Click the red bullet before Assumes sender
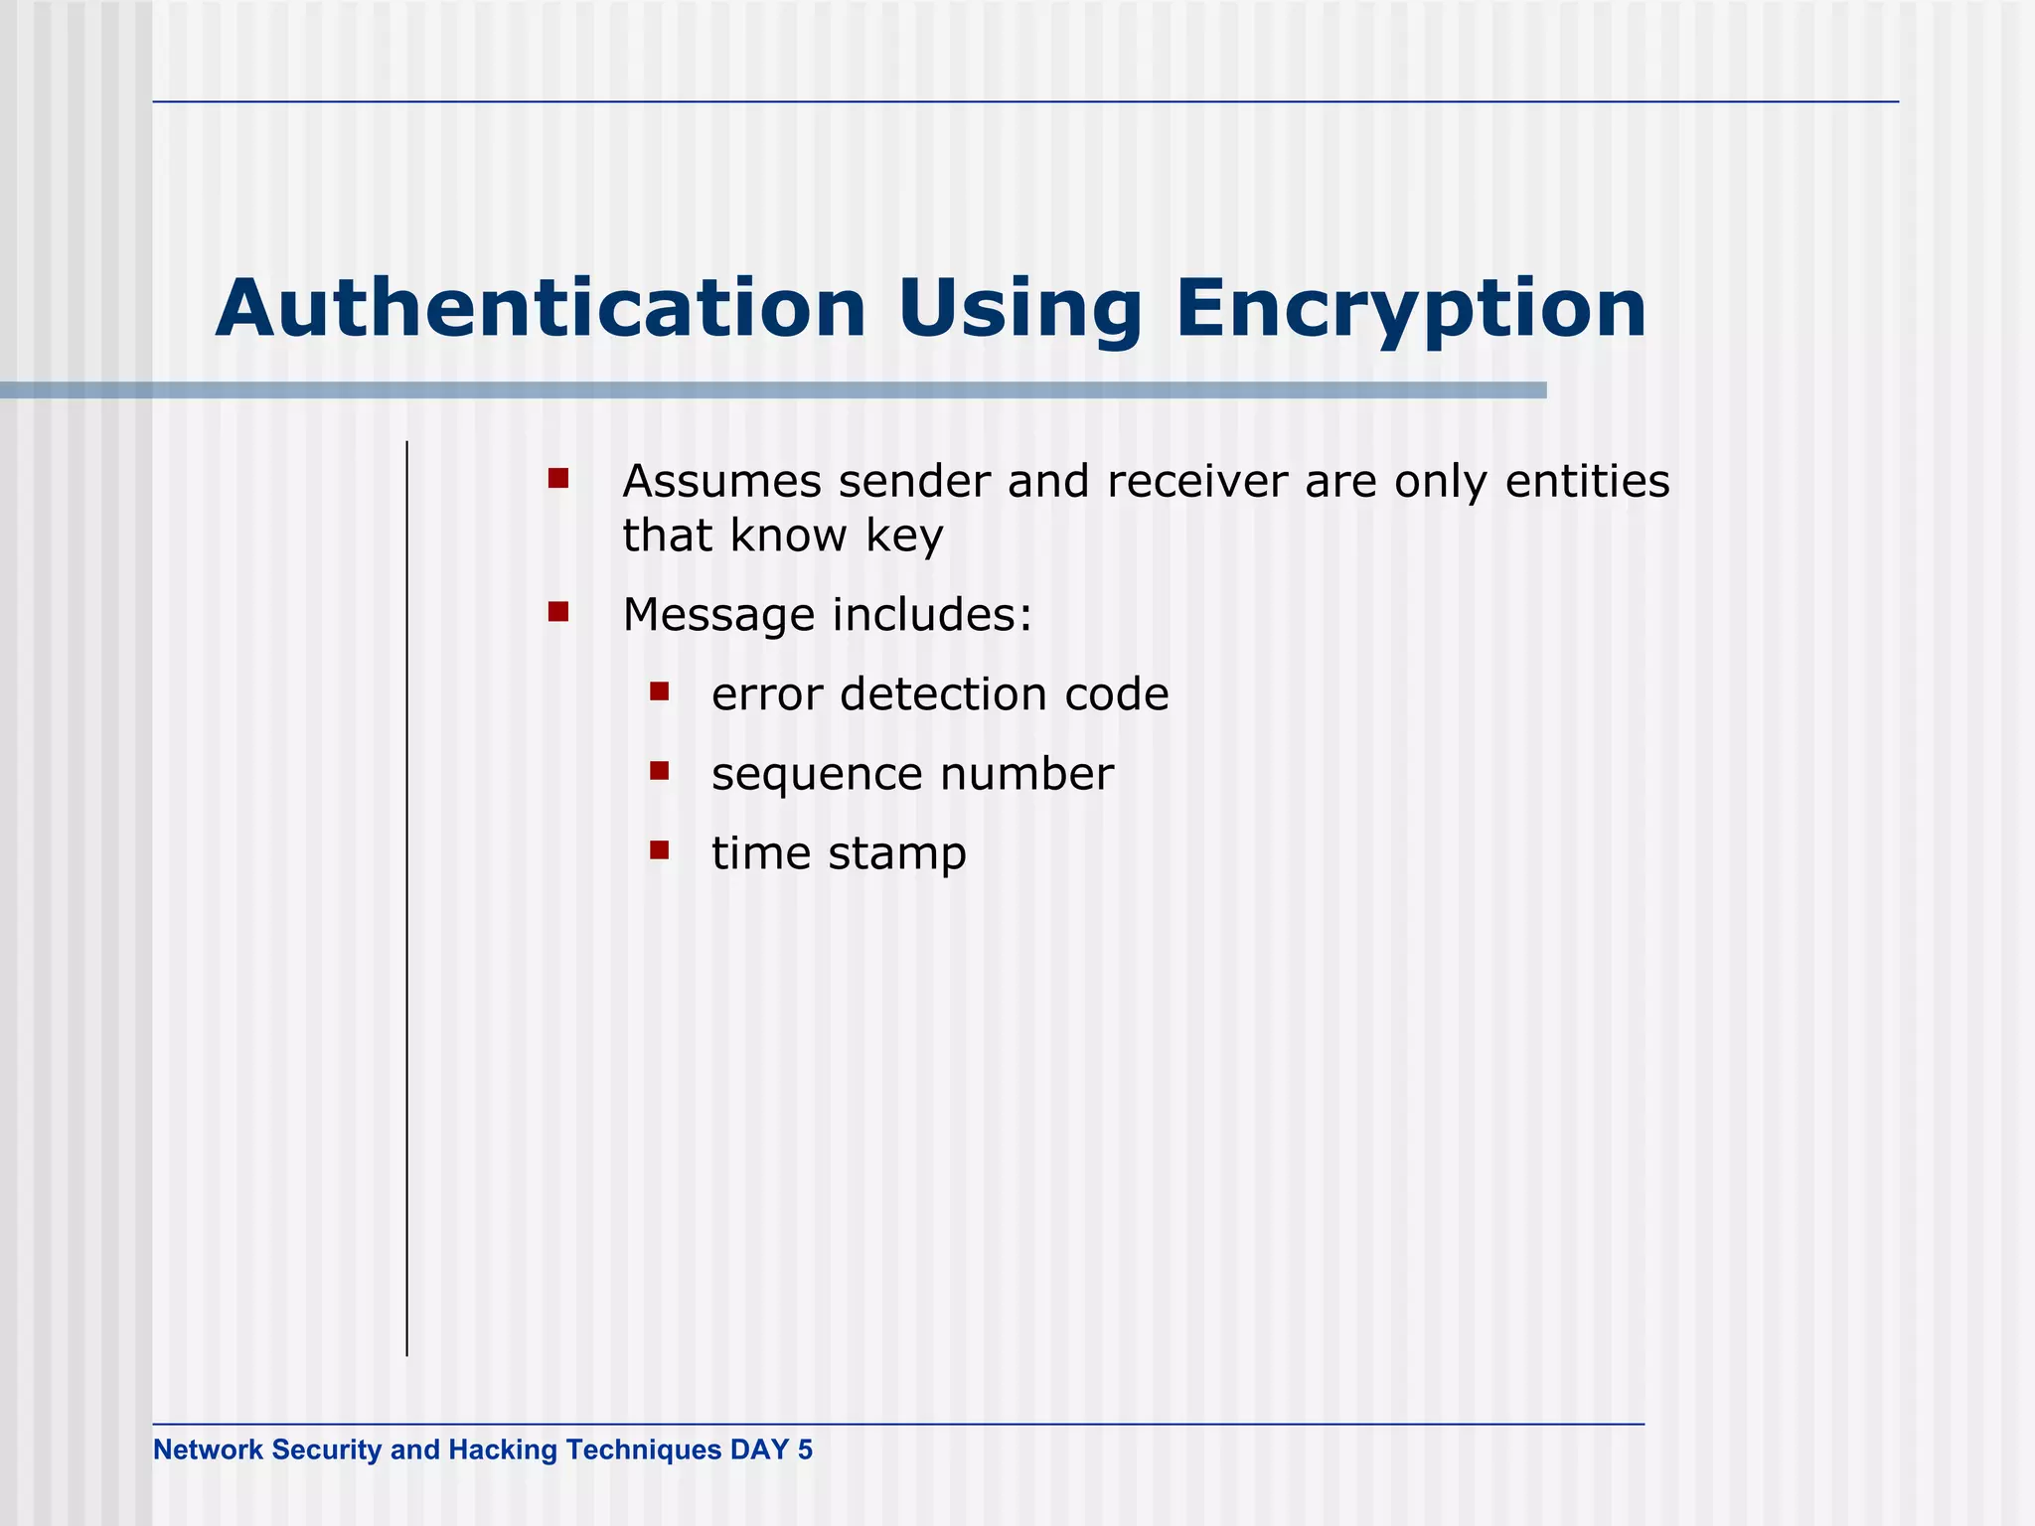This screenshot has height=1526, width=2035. pyautogui.click(x=558, y=479)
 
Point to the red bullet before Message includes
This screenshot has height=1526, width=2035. pyautogui.click(x=558, y=611)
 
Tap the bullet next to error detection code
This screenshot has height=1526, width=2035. pyautogui.click(x=660, y=690)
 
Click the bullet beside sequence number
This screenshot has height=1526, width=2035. pyautogui.click(x=660, y=770)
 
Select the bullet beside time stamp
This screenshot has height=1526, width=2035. pyautogui.click(x=660, y=849)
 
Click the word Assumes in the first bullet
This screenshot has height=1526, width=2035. pyautogui.click(x=721, y=482)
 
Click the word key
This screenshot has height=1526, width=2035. pyautogui.click(x=903, y=537)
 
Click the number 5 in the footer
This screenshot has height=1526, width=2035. pyautogui.click(x=805, y=1450)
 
